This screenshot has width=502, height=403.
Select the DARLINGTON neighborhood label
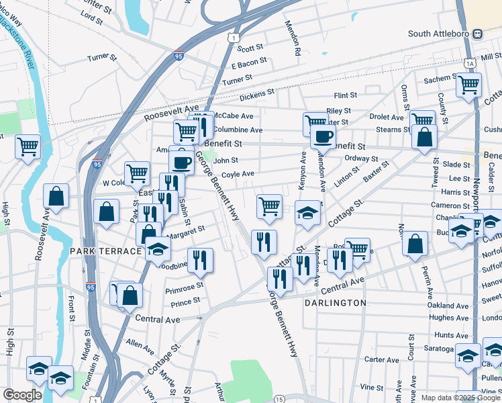point(335,303)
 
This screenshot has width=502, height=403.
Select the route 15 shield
point(278,398)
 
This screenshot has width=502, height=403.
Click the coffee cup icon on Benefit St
point(323,136)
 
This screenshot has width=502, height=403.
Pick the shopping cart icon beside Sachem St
point(468,85)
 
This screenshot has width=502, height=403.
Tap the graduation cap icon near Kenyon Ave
point(307,212)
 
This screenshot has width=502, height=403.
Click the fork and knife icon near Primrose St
point(200,260)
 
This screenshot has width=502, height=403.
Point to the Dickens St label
point(256,93)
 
